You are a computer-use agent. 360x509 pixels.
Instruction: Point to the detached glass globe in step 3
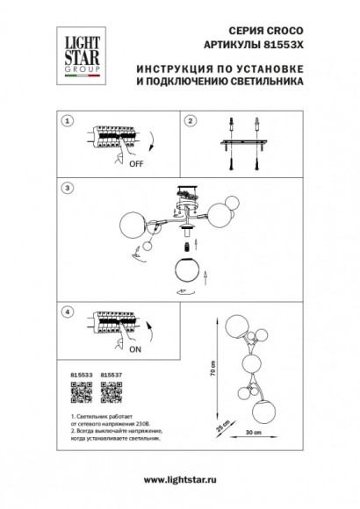[x=185, y=270]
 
